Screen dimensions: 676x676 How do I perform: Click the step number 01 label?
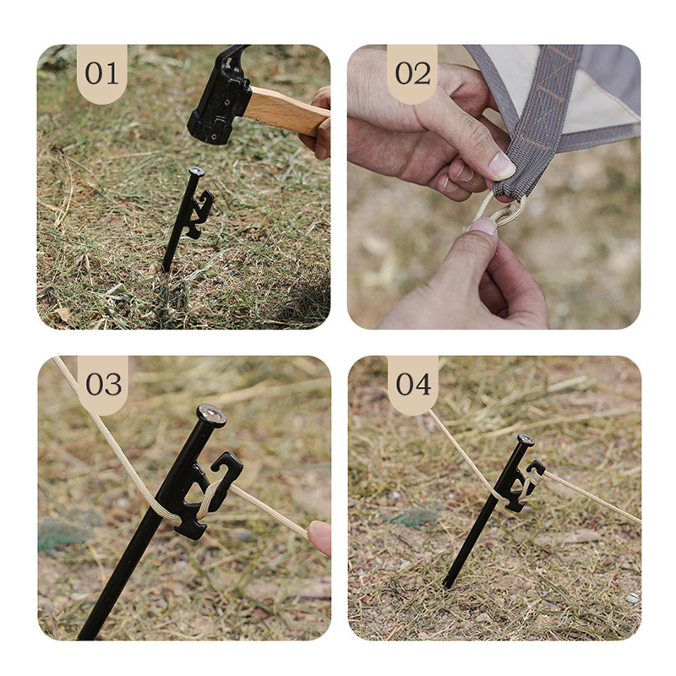pyautogui.click(x=101, y=74)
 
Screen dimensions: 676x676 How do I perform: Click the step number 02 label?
pyautogui.click(x=412, y=74)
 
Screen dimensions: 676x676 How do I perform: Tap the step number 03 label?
pyautogui.click(x=103, y=384)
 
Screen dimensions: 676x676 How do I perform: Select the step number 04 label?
pyautogui.click(x=413, y=384)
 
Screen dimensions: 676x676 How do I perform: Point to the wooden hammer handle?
pyautogui.click(x=286, y=111)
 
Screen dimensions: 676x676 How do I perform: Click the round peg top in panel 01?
pyautogui.click(x=197, y=172)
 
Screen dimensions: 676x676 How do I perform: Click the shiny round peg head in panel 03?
pyautogui.click(x=211, y=415)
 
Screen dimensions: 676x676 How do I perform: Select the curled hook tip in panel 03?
pyautogui.click(x=227, y=463)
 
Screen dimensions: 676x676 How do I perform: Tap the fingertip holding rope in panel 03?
pyautogui.click(x=319, y=537)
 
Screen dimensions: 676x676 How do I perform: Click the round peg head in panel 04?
pyautogui.click(x=526, y=439)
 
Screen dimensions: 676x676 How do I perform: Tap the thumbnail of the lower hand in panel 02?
pyautogui.click(x=483, y=226)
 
